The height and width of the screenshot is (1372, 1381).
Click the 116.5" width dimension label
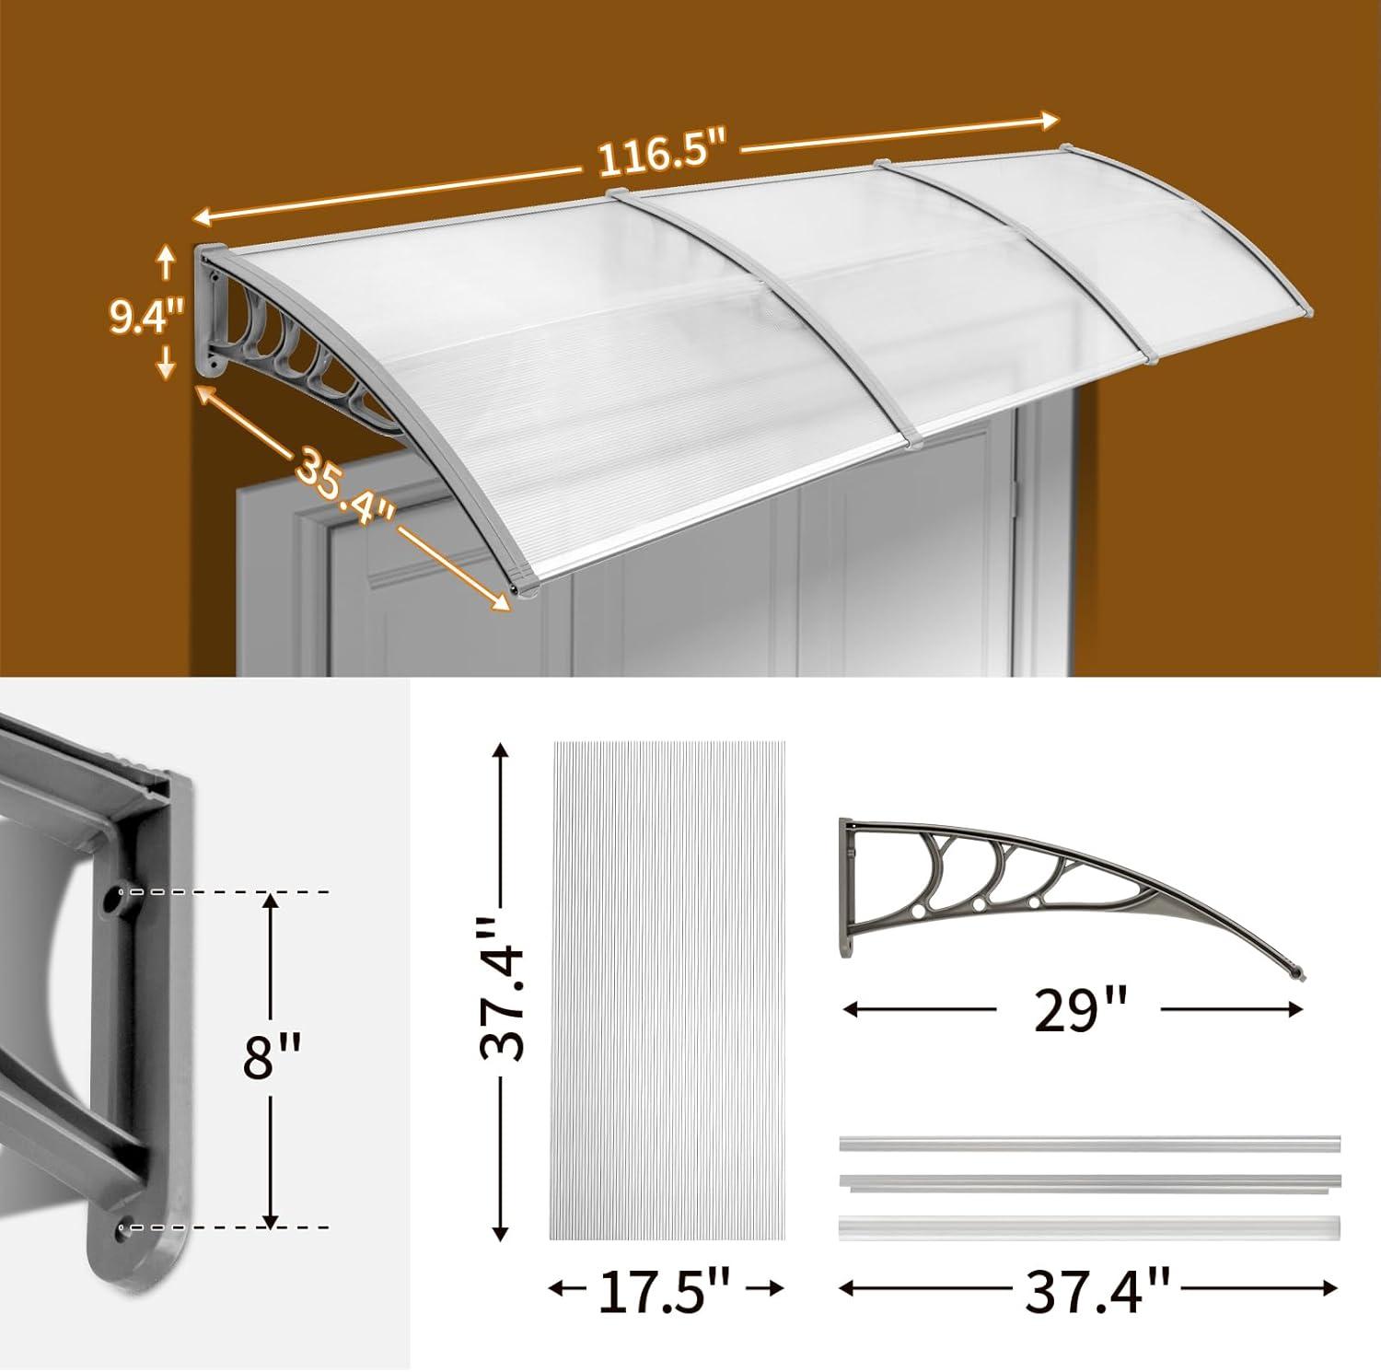tap(661, 157)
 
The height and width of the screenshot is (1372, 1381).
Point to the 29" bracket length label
tap(1075, 1011)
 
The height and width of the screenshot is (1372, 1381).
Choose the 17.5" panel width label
tap(665, 1291)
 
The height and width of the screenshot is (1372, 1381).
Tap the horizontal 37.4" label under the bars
tap(1097, 1290)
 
